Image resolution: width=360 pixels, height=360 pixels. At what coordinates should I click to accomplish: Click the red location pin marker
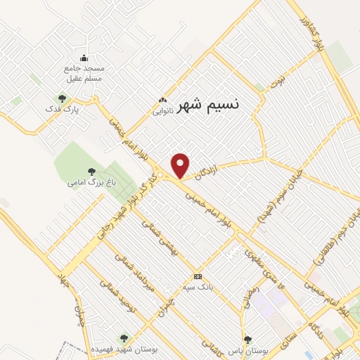tap(181, 165)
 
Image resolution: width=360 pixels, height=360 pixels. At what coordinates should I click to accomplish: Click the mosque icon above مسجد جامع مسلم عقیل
tap(85, 58)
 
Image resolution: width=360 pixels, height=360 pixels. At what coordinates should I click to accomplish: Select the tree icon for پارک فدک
tap(62, 99)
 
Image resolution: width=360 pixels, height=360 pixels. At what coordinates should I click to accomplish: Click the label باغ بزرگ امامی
tap(91, 183)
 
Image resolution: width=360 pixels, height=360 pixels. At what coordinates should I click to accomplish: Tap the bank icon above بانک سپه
tap(198, 276)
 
